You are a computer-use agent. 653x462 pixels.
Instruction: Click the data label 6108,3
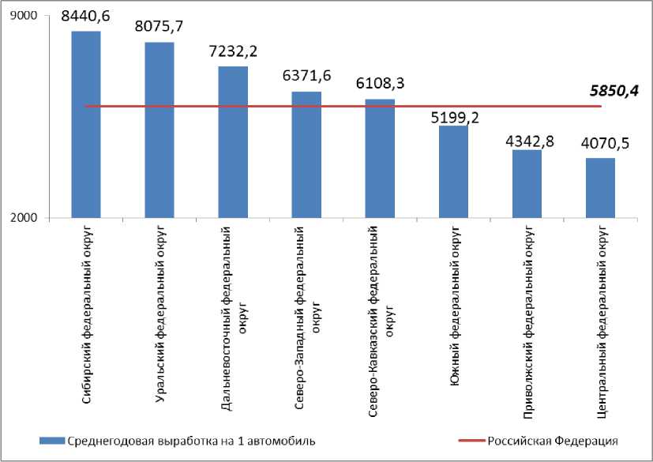[380, 84]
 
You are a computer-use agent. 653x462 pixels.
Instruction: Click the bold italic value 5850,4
[614, 91]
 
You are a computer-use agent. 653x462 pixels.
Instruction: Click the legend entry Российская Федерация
[552, 441]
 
